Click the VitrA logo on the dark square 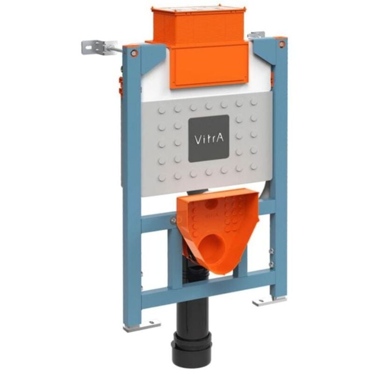[x=209, y=139]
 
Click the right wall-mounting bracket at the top [x=257, y=36]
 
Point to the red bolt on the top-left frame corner [x=134, y=53]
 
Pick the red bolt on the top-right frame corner [x=281, y=44]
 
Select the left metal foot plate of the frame [x=142, y=325]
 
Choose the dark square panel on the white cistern [x=209, y=138]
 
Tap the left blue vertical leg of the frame [x=132, y=187]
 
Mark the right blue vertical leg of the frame [x=280, y=178]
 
